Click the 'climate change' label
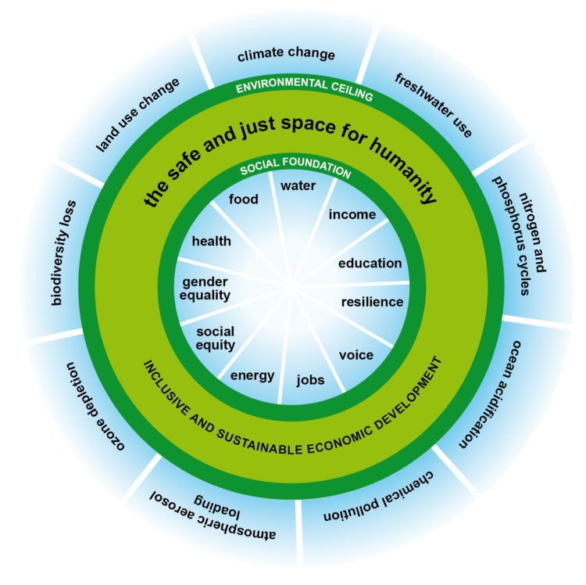(286, 55)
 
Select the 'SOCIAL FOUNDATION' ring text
(295, 170)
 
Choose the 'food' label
(243, 199)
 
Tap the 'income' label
(352, 214)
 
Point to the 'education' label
(370, 264)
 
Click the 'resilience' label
(372, 302)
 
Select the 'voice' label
(356, 355)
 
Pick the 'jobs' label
(310, 381)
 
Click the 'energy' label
(252, 375)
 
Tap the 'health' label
(211, 241)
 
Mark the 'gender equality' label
(205, 288)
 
